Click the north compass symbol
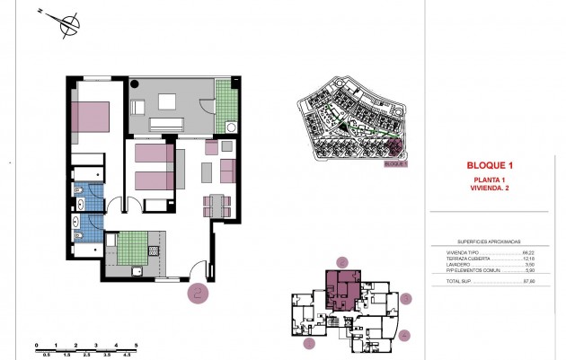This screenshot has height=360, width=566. click(x=66, y=24)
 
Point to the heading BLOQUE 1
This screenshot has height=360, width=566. click(x=490, y=165)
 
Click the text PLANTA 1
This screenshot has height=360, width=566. click(x=490, y=180)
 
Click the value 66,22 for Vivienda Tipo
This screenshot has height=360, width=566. click(x=529, y=253)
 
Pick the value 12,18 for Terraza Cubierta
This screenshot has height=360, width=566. click(x=529, y=259)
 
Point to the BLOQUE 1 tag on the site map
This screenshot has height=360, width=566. click(x=395, y=164)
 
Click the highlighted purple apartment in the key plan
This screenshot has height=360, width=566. click(x=340, y=290)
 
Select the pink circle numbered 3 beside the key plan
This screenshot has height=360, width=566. click(x=406, y=298)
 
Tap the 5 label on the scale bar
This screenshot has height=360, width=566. click(x=135, y=345)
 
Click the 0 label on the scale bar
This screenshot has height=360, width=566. click(x=36, y=345)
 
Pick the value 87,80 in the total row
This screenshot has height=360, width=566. click(x=529, y=282)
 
